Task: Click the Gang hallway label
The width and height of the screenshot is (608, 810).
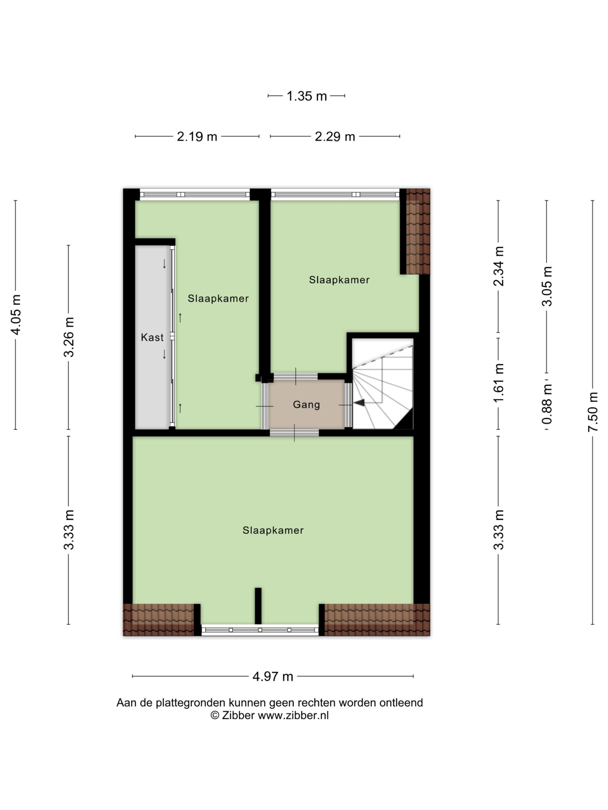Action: (307, 405)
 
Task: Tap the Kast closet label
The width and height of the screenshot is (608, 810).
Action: (152, 337)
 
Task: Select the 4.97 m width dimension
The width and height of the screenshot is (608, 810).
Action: (273, 676)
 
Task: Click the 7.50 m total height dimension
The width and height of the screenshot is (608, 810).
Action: (592, 412)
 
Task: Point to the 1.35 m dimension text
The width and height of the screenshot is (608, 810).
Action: (307, 96)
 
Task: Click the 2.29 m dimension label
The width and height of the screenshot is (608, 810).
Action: (335, 137)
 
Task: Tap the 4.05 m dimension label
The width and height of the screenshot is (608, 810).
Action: (16, 315)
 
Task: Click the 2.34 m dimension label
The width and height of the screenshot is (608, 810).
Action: (499, 266)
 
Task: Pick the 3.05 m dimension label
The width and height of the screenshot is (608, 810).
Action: (547, 286)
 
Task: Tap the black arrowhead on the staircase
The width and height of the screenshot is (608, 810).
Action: (359, 403)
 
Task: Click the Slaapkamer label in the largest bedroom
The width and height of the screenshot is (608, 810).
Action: (273, 530)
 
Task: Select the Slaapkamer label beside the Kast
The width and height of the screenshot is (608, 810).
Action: (218, 298)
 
